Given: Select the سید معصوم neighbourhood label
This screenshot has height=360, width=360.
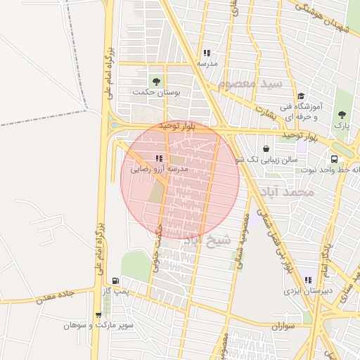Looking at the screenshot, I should coord(250,84).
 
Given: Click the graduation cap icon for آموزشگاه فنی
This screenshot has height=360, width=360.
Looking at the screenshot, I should coord(301,96).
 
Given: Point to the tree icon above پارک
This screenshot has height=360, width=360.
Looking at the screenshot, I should coord(342,115).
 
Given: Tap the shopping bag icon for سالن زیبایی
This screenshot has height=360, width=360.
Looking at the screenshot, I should coord(266,148).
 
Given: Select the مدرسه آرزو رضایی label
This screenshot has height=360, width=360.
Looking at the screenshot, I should coord(160,169).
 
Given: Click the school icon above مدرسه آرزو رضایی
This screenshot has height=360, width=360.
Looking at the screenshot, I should coord(159,158).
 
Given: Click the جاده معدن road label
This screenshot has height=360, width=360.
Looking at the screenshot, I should coord(48,295).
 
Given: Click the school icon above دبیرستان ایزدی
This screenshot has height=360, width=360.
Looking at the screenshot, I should coord(307,280).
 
